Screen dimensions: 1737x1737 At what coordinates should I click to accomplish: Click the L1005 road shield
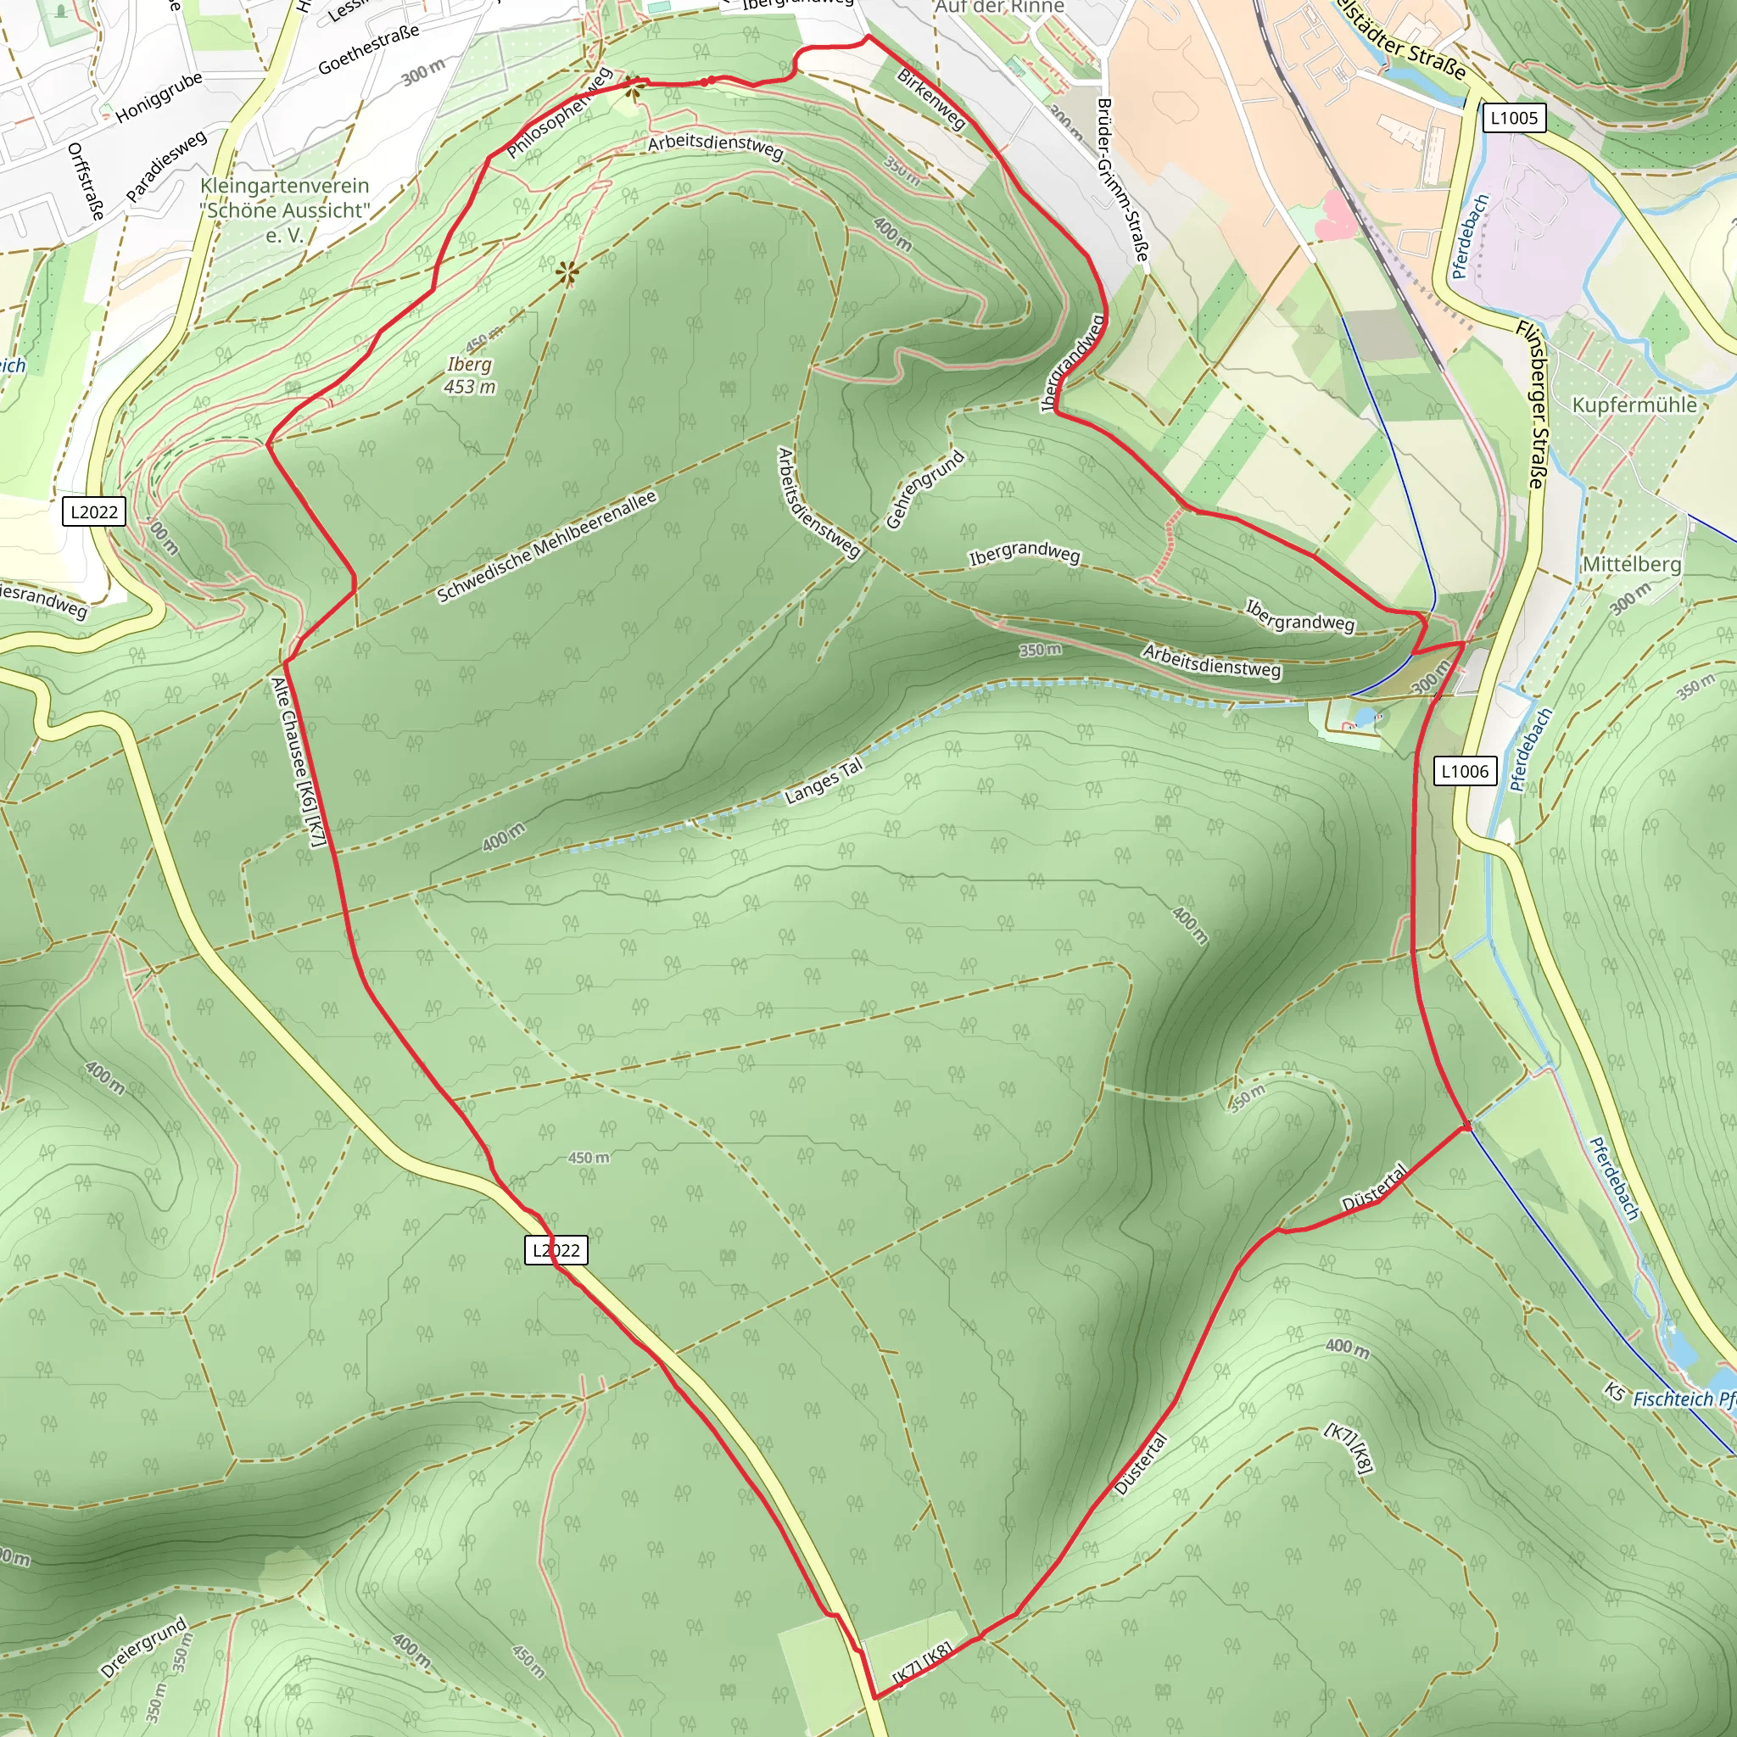[1514, 118]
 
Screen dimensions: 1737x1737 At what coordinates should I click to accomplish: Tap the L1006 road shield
[1465, 770]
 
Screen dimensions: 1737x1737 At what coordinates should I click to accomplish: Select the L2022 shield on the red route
[556, 1249]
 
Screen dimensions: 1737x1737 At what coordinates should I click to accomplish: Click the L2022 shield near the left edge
[94, 511]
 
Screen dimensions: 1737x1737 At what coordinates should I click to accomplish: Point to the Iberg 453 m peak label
[469, 375]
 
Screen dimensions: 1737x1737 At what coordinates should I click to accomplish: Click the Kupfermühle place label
[1634, 405]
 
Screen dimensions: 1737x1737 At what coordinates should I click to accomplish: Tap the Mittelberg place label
[1631, 565]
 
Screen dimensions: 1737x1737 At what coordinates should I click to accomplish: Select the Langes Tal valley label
[824, 780]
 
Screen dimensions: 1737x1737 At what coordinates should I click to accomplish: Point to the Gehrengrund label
[924, 489]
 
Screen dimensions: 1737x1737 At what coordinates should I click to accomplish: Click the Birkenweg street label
[931, 100]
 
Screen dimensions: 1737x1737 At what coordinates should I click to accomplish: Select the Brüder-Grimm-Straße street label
[1122, 180]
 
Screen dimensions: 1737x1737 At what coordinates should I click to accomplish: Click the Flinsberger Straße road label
[1529, 405]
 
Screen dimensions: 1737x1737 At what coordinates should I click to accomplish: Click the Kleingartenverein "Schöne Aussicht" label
[285, 210]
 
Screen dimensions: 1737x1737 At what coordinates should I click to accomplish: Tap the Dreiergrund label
[144, 1647]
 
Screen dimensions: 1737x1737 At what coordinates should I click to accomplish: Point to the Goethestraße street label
[369, 50]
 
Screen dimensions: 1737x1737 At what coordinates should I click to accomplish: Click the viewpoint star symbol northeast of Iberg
[567, 271]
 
